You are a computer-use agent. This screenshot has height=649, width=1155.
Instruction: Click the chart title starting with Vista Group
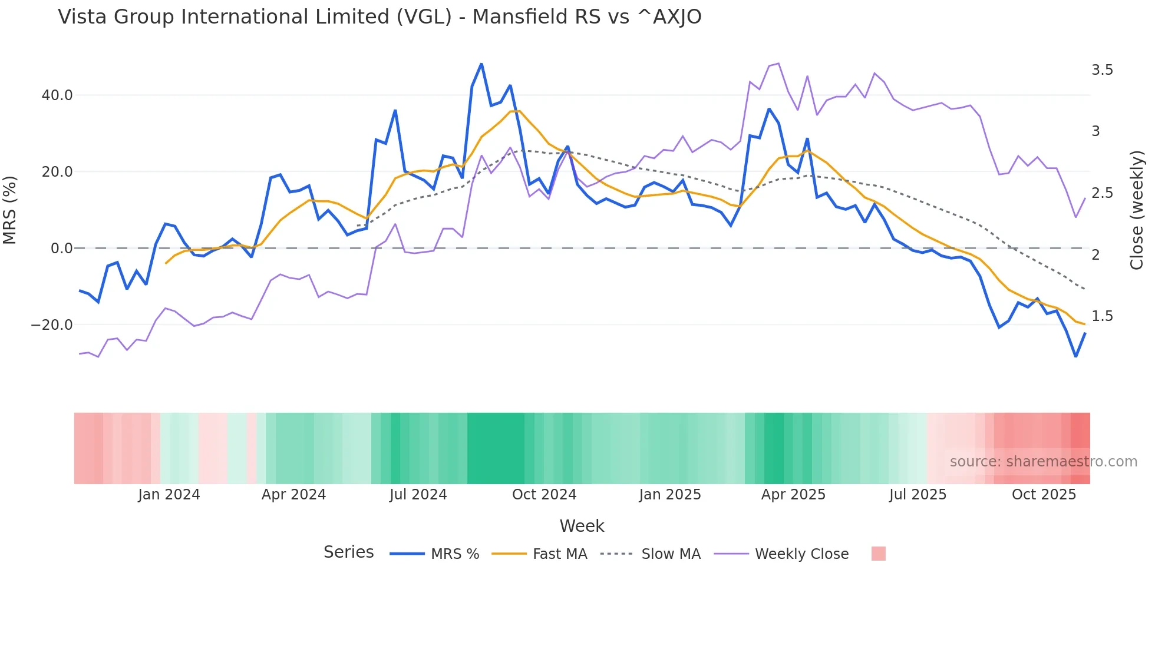(379, 16)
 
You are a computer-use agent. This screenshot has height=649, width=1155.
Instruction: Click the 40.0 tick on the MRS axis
(57, 95)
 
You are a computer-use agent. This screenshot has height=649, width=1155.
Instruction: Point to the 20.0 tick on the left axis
(57, 171)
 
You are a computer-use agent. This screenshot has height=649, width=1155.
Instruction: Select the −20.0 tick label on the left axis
(52, 324)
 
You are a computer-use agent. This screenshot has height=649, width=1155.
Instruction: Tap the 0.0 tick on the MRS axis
(62, 248)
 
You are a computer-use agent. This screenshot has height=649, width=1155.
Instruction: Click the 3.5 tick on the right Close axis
(1102, 70)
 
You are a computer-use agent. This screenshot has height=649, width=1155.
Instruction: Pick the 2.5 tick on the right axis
(1102, 193)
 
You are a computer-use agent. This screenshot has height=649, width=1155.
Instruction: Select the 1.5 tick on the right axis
(1102, 316)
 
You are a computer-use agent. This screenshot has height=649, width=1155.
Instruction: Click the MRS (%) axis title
(10, 210)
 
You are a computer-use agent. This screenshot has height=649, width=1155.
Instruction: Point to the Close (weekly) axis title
(1137, 210)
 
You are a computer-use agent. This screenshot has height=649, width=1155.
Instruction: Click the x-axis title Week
(582, 526)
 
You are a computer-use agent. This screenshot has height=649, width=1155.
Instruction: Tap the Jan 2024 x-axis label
(169, 495)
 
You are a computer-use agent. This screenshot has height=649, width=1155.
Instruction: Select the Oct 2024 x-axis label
(544, 495)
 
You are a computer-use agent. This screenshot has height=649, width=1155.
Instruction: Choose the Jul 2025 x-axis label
(918, 495)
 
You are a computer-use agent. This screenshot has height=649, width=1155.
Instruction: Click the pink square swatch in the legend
(878, 554)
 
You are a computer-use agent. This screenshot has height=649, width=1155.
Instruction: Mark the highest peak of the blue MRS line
(481, 64)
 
